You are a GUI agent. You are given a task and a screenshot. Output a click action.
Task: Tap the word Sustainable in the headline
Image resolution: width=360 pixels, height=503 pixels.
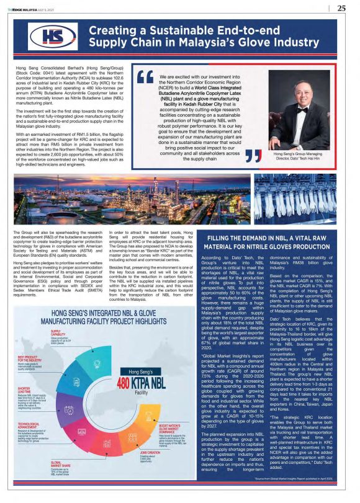coord(168,30)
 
